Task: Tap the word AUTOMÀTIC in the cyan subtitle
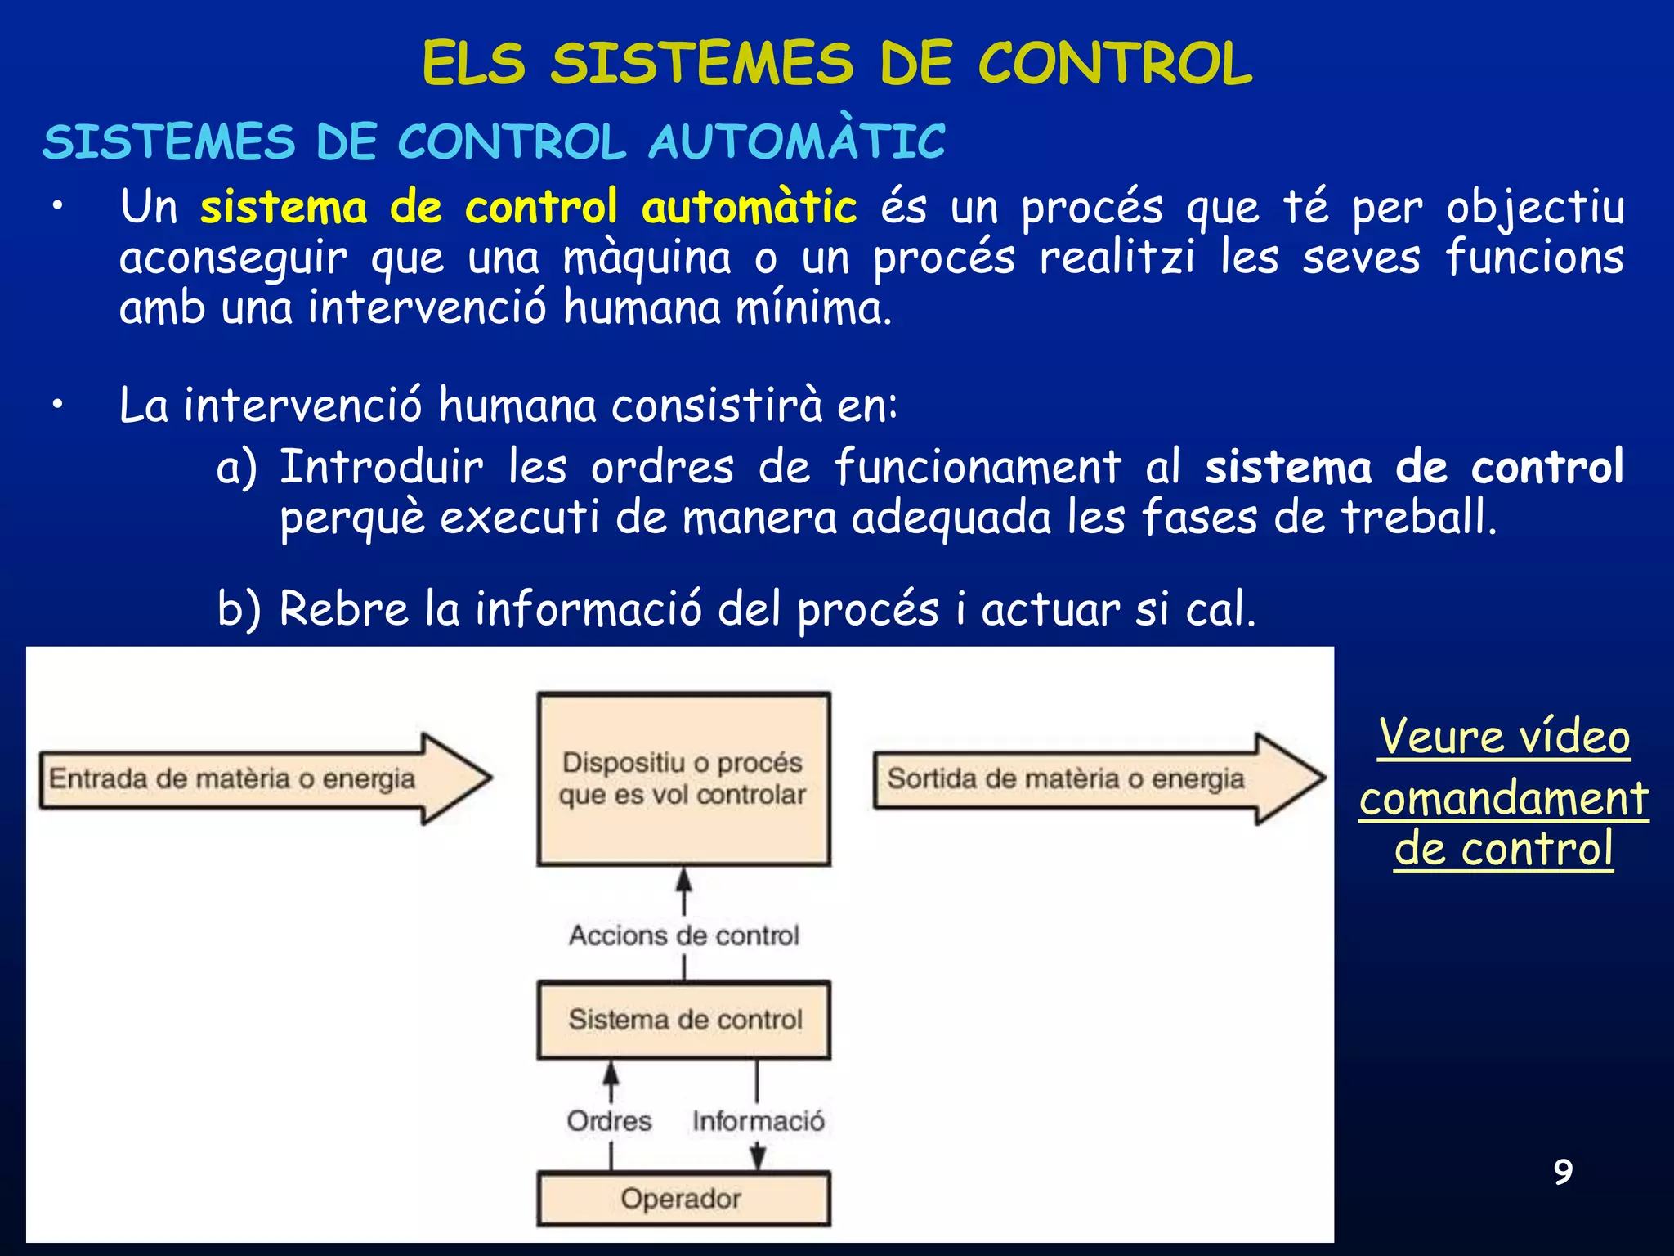point(797,142)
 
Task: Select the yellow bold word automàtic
point(749,208)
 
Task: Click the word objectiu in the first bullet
point(1535,208)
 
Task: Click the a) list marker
point(236,468)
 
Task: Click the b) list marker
point(238,609)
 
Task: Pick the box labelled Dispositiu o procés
point(683,778)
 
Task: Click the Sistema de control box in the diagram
point(683,1020)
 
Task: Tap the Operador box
point(683,1199)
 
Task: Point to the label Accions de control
point(683,935)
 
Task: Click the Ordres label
point(610,1120)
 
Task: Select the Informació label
point(758,1120)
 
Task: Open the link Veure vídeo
point(1504,737)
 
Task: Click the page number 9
point(1563,1172)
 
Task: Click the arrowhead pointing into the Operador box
point(758,1159)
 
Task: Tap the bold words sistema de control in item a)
point(1414,468)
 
